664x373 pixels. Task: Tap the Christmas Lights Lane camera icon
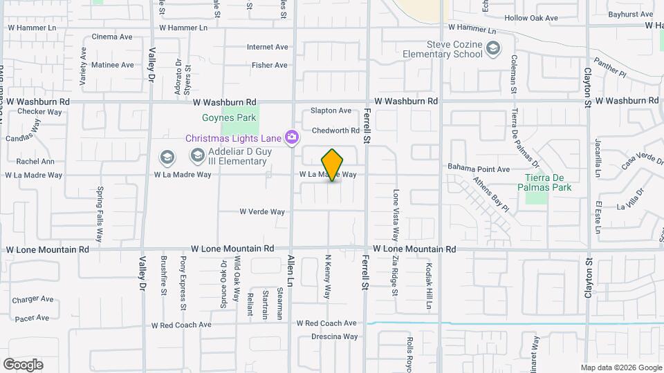(x=292, y=137)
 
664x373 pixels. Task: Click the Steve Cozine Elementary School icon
(x=492, y=48)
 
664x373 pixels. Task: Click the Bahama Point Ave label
(x=478, y=169)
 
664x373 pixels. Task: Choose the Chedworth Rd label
(x=335, y=130)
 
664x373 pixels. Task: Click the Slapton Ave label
(x=331, y=111)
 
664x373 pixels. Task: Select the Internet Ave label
(x=267, y=47)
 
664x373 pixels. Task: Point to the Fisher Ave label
(x=270, y=66)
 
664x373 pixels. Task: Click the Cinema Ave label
(x=111, y=37)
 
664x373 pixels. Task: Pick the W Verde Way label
(x=262, y=212)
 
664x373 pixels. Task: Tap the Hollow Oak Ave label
(x=531, y=18)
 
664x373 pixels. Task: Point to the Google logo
(x=23, y=365)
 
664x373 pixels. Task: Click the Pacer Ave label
(x=33, y=318)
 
